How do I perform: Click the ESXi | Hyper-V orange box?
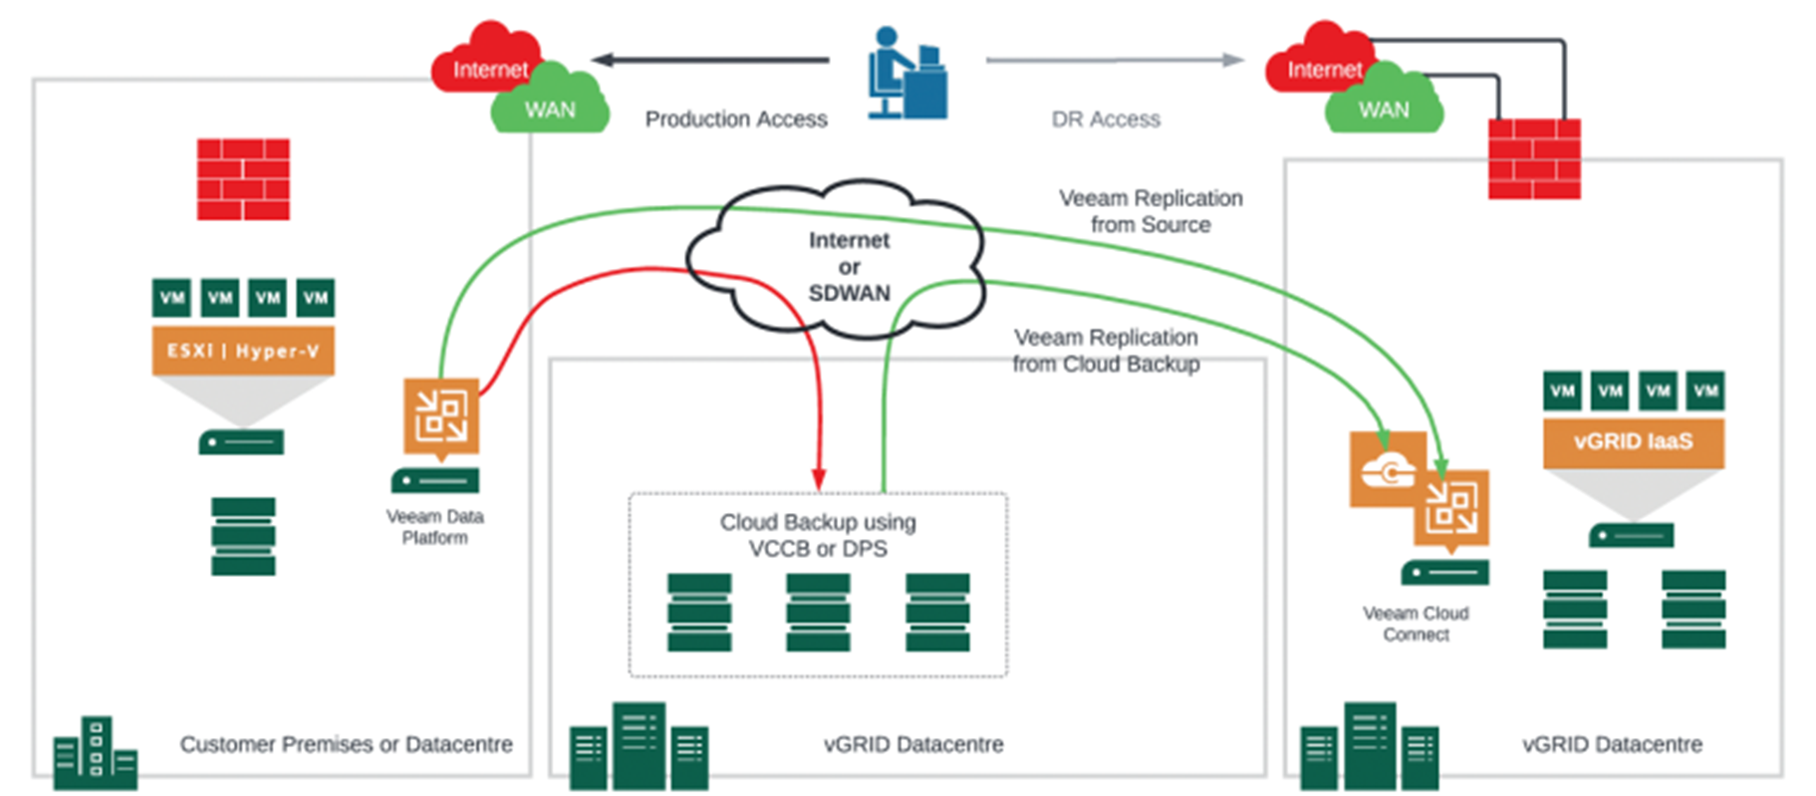(243, 351)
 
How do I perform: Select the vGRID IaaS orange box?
(1633, 441)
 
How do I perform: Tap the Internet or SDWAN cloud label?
(849, 266)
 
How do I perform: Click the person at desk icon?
(905, 75)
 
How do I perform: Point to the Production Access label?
(735, 120)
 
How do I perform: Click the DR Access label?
(1106, 120)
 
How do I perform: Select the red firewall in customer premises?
(243, 179)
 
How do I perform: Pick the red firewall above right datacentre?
(1533, 159)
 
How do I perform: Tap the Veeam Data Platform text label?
(434, 527)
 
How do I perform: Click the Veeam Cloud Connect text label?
(1416, 624)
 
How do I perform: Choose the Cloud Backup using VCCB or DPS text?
(818, 535)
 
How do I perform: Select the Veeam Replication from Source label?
(1151, 211)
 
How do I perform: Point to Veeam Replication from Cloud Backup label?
(1106, 351)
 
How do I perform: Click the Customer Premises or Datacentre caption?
(346, 744)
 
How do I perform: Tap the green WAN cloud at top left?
(550, 105)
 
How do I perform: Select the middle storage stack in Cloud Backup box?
(818, 612)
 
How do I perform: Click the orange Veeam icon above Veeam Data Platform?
(440, 415)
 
